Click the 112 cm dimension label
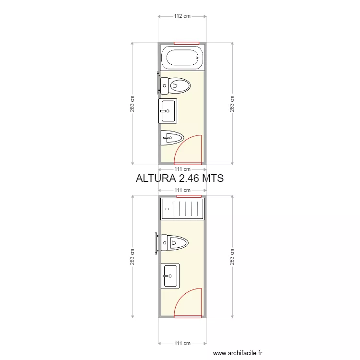pos(182,16)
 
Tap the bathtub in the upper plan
pos(182,58)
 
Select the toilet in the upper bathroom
pos(175,86)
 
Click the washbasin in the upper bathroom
pos(168,111)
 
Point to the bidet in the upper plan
pos(172,138)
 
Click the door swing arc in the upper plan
pos(181,144)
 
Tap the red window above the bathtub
pos(186,43)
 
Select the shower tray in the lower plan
pos(182,209)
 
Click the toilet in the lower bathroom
pos(175,243)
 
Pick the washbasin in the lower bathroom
pos(170,276)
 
